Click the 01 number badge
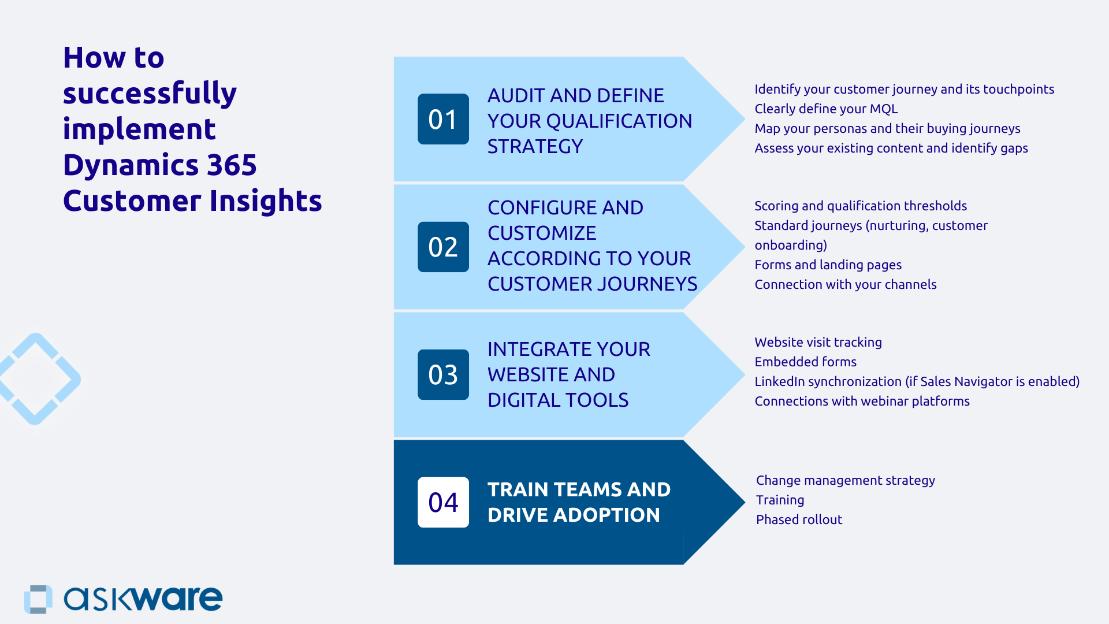coord(443,119)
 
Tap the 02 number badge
coord(443,247)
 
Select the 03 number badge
coord(443,374)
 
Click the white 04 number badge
coord(443,502)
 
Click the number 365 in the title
coord(232,165)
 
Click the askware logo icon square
coord(38,599)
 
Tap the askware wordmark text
coord(143,599)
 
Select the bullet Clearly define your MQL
coord(826,109)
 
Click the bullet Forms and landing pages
coord(828,265)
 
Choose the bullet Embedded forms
coord(805,362)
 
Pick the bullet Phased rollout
coord(799,519)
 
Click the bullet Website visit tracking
coord(818,342)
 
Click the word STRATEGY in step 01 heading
coord(535,147)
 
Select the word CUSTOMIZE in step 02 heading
coord(542,233)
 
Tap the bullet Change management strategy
coord(845,480)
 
